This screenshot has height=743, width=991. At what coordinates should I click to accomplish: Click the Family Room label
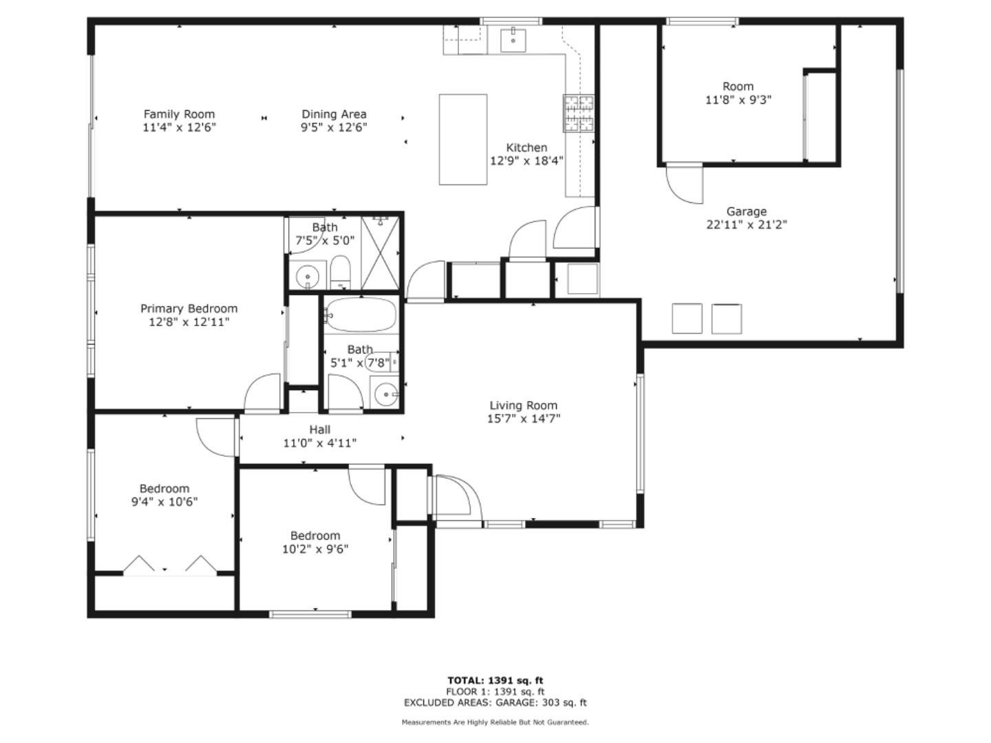[179, 114]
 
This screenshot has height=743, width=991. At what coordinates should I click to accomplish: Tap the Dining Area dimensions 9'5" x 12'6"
[334, 127]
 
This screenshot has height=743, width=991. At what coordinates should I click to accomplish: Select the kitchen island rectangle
[463, 140]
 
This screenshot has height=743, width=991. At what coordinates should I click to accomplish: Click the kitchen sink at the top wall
[513, 40]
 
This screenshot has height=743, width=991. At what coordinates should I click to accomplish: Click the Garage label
[746, 212]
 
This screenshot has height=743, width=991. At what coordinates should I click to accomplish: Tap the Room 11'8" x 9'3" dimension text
[738, 100]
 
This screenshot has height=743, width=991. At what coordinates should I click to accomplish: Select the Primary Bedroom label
[189, 309]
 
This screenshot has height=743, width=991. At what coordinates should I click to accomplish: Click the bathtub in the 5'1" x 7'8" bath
[361, 315]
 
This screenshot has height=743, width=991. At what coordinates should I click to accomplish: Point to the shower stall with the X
[380, 252]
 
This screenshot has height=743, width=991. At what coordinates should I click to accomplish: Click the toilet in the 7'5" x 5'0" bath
[340, 272]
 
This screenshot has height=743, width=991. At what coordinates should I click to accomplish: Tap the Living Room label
[523, 406]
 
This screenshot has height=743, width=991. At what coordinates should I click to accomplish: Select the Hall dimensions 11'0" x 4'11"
[319, 443]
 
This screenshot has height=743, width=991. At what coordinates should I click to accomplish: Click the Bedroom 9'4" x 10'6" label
[164, 489]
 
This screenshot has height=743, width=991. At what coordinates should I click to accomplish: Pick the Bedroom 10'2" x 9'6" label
[315, 536]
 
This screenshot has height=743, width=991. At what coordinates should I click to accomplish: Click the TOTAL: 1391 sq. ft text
[495, 680]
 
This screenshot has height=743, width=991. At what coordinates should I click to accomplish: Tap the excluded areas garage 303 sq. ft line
[495, 702]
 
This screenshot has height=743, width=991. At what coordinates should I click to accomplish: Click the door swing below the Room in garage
[684, 184]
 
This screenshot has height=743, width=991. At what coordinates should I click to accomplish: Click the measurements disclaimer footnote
[495, 722]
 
